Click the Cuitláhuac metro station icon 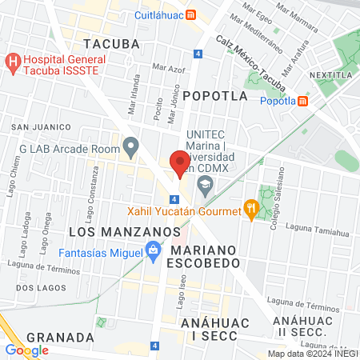tap(190, 14)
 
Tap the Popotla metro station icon tap(303, 101)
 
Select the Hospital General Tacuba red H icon tap(13, 61)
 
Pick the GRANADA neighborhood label tap(54, 337)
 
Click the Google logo tap(27, 350)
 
